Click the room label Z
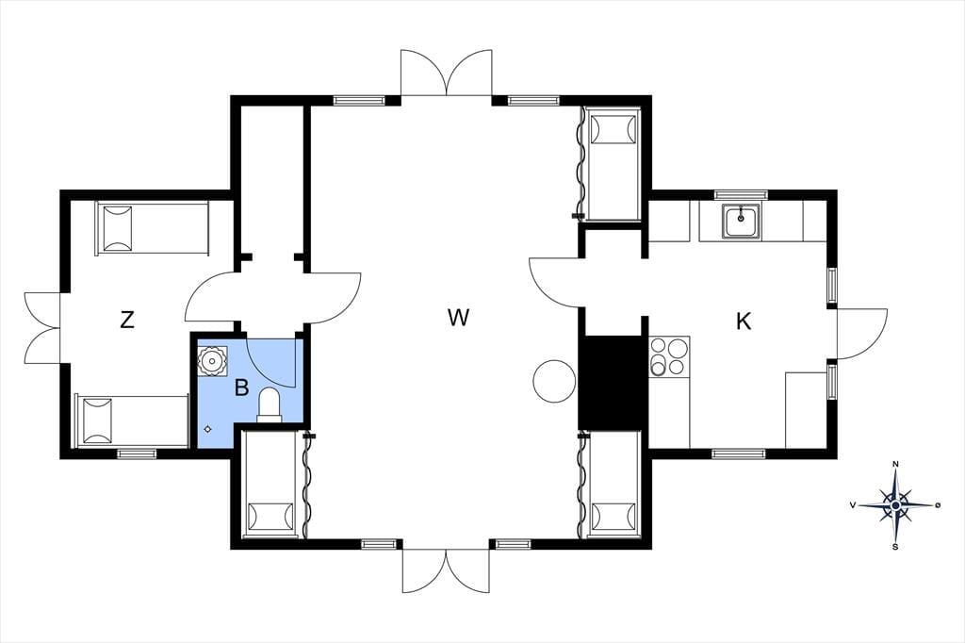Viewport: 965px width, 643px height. point(127,320)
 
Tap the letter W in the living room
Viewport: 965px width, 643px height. point(459,318)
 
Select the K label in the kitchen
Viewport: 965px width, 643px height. point(744,321)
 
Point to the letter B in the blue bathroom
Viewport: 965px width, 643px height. point(242,388)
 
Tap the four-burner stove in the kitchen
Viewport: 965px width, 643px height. point(669,356)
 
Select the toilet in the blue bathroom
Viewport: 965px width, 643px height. point(269,405)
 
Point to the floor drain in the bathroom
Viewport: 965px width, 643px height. point(207,429)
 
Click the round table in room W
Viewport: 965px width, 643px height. point(554,381)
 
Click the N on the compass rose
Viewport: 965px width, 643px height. point(896,465)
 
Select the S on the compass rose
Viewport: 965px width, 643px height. point(895,546)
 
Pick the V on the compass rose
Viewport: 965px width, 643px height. point(852,505)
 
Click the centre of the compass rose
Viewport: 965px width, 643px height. point(896,505)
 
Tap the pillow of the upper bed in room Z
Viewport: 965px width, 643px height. point(117,228)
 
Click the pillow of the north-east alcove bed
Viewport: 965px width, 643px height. point(613,128)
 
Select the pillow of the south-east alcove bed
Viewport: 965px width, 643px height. point(613,517)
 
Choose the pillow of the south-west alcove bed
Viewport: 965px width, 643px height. point(270,517)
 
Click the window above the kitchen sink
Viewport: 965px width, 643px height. point(741,194)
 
